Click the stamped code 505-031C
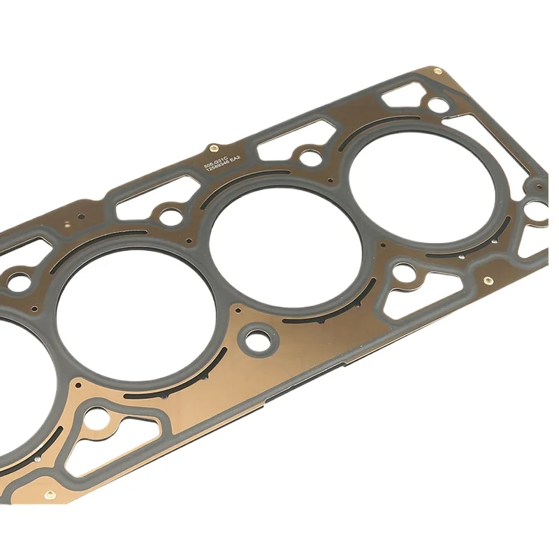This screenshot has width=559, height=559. pos(217,163)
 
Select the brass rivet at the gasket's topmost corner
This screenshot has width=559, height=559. pos(437,71)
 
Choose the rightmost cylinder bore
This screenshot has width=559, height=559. pos(424,184)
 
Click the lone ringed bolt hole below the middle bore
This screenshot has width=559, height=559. pos(258,342)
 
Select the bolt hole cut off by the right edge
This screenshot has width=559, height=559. pos(538,208)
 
